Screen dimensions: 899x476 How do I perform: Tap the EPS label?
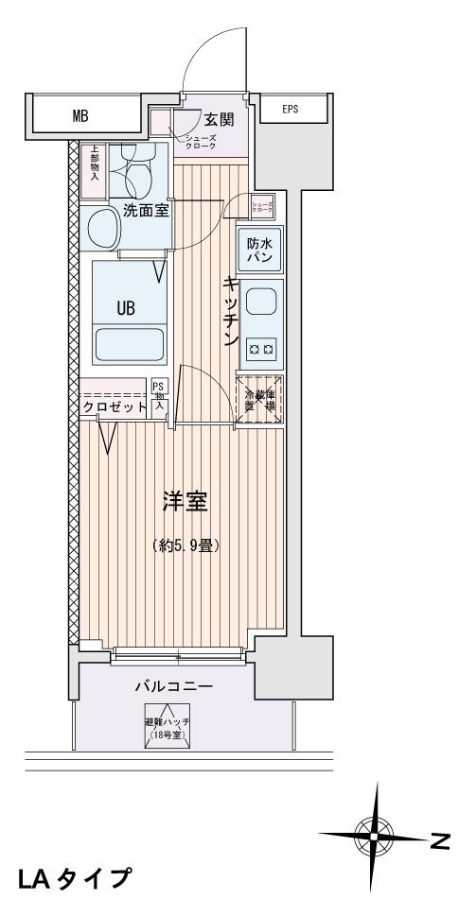click(290, 109)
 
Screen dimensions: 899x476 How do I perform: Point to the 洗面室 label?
click(145, 211)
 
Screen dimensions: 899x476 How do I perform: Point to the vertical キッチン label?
click(229, 313)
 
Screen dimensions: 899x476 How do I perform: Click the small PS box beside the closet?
click(159, 393)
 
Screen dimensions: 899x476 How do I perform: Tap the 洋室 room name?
click(185, 502)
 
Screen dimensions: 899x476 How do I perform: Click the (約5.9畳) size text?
click(186, 545)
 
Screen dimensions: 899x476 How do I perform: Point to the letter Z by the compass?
click(440, 837)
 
